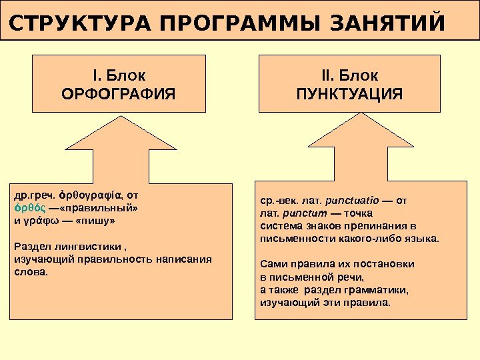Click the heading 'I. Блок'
119,74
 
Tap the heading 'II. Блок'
349,74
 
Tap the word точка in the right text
359,213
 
